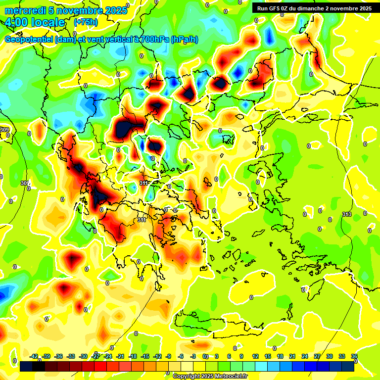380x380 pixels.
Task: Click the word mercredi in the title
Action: pyautogui.click(x=25, y=10)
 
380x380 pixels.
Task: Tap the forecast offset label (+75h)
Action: pyautogui.click(x=86, y=22)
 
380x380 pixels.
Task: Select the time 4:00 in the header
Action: pyautogui.click(x=18, y=22)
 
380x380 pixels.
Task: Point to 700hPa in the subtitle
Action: pyautogui.click(x=152, y=40)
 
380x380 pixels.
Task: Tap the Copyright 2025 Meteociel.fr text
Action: pyautogui.click(x=210, y=376)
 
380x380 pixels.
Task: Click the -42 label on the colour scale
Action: pyautogui.click(x=34, y=356)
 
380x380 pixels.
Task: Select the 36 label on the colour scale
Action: pyautogui.click(x=354, y=356)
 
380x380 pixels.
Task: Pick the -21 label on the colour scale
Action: pyautogui.click(x=120, y=356)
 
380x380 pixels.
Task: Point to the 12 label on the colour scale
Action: pyautogui.click(x=255, y=356)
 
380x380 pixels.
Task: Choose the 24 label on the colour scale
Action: pyautogui.click(x=305, y=356)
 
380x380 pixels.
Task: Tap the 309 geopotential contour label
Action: pyautogui.click(x=4, y=130)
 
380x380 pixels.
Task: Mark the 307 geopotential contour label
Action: pyautogui.click(x=25, y=183)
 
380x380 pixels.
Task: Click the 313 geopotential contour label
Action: pyautogui.click(x=346, y=214)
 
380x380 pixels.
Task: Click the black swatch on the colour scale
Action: pyautogui.click(x=26, y=366)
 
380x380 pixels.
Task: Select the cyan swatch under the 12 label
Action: pyautogui.click(x=255, y=366)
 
